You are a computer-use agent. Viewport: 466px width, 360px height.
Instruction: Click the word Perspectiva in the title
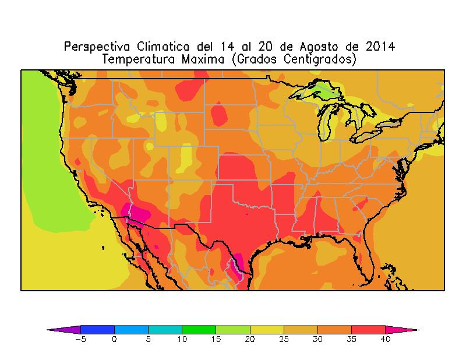point(97,46)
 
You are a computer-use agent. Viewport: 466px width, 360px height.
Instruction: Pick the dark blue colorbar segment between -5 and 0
point(97,329)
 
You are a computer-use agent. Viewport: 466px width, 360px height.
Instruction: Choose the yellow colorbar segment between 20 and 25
point(266,329)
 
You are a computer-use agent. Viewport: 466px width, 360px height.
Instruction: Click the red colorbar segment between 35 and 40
point(368,329)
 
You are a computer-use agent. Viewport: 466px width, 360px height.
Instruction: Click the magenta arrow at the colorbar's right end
point(402,329)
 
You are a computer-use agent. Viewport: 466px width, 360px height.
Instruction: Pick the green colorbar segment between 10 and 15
point(199,329)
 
